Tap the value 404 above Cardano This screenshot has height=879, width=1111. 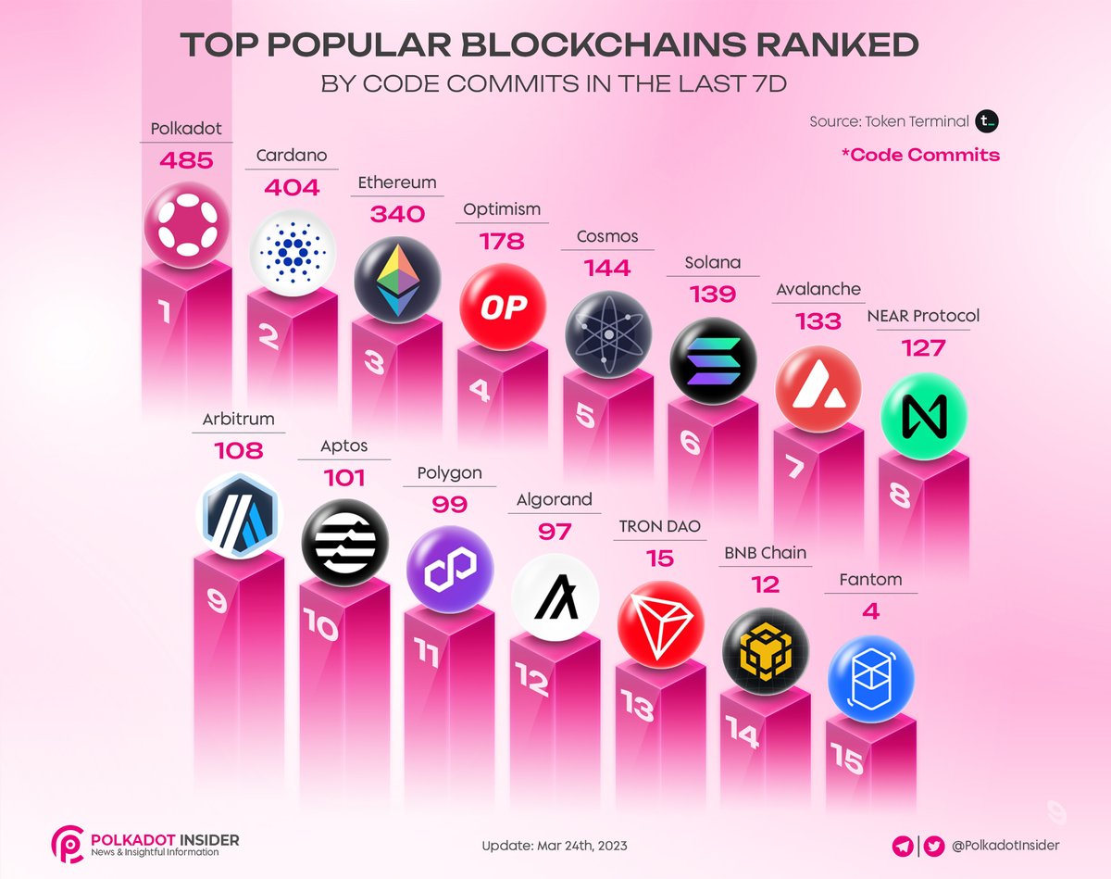292,188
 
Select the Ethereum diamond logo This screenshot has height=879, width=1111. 397,280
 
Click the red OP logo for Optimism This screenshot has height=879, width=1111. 503,307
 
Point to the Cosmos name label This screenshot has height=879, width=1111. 608,236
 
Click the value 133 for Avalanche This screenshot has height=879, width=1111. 818,321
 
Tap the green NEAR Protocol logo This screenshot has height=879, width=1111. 924,414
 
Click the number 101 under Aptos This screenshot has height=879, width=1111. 344,479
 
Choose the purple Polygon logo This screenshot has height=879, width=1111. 450,569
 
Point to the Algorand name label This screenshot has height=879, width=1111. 555,499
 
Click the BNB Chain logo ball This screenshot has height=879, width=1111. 766,650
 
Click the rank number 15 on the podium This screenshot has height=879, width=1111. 846,760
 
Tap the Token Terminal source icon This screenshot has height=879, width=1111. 988,121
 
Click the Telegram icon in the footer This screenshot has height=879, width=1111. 902,845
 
